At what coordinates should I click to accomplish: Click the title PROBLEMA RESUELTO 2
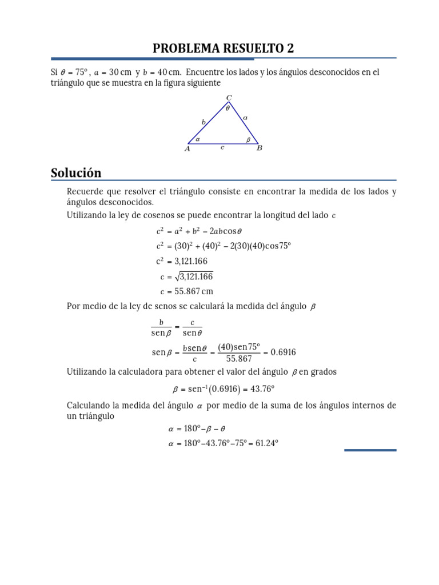pos(224,49)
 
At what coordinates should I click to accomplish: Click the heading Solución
pos(76,173)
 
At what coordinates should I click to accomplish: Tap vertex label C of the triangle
pos(229,98)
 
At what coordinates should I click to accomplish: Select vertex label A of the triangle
pos(187,149)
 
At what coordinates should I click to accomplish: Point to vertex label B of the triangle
pos(259,149)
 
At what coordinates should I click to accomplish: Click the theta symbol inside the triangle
pos(228,108)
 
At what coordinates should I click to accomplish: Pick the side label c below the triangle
pos(222,147)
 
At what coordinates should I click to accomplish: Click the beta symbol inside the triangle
pos(248,139)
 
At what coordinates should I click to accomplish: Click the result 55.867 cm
pos(194,291)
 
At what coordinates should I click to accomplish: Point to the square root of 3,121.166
pos(194,277)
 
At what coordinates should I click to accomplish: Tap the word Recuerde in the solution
pos(85,192)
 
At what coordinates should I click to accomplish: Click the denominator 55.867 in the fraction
pos(239,359)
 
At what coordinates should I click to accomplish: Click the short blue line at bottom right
pos(370,450)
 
